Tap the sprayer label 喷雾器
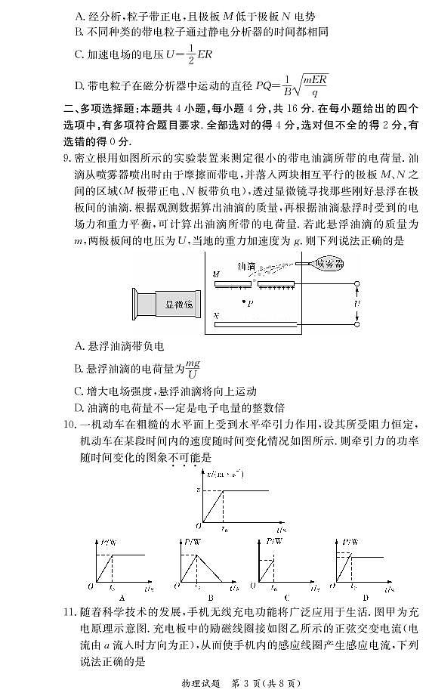click(327, 264)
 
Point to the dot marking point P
click(242, 302)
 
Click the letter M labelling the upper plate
click(217, 274)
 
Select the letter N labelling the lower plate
click(217, 314)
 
